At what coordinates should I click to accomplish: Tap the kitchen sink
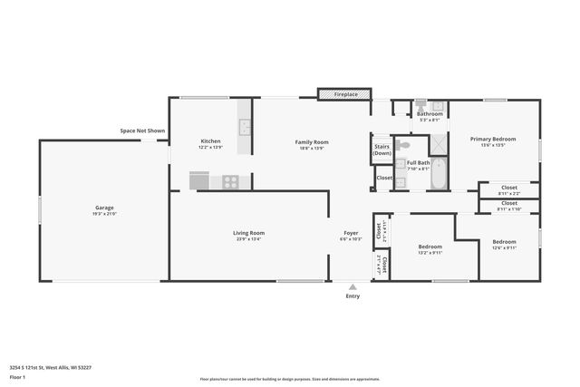[x=244, y=127]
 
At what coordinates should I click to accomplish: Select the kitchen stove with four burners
[x=231, y=181]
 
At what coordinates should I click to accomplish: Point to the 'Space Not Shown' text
[x=143, y=131]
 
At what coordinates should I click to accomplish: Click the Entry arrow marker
[x=353, y=286]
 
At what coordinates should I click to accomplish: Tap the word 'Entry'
[x=353, y=296]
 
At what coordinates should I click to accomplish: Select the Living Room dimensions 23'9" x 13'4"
[x=248, y=240]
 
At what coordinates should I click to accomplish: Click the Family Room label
[x=312, y=141]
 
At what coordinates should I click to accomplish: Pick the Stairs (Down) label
[x=382, y=150]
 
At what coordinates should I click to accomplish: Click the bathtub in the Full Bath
[x=439, y=173]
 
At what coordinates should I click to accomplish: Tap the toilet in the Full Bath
[x=404, y=144]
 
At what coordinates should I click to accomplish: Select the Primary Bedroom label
[x=493, y=139]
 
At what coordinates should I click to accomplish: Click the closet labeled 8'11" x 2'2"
[x=508, y=190]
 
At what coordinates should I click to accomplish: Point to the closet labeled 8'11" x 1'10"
[x=508, y=206]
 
